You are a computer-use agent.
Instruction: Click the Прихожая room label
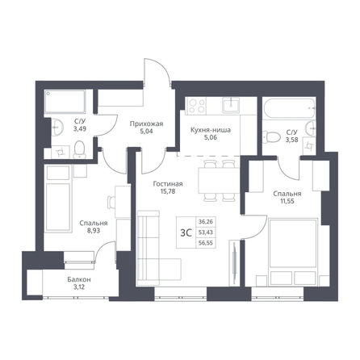pos(146,124)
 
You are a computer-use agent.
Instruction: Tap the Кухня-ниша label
pos(211,130)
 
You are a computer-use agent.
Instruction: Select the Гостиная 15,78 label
pos(168,187)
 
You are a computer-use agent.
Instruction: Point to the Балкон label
pos(79,279)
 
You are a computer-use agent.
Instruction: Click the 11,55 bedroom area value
pos(287,201)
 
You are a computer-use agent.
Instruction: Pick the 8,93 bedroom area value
pos(94,231)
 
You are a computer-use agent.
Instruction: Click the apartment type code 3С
pos(186,232)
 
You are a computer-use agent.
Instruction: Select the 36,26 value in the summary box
pos(206,222)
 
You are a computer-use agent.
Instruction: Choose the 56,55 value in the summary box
pos(206,243)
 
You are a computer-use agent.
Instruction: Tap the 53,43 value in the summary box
pos(206,232)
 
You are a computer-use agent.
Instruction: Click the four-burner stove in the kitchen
pos(197,105)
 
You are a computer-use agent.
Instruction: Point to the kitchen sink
pos(231,105)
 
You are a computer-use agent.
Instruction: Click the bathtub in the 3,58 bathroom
pos(288,108)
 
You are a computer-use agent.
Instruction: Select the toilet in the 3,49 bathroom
pos(80,149)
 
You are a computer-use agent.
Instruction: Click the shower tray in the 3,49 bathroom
pos(65,102)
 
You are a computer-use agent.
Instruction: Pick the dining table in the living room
pos(219,180)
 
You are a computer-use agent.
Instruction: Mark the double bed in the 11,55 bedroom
pos(293,244)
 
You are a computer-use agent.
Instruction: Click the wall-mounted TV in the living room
pos(234,263)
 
